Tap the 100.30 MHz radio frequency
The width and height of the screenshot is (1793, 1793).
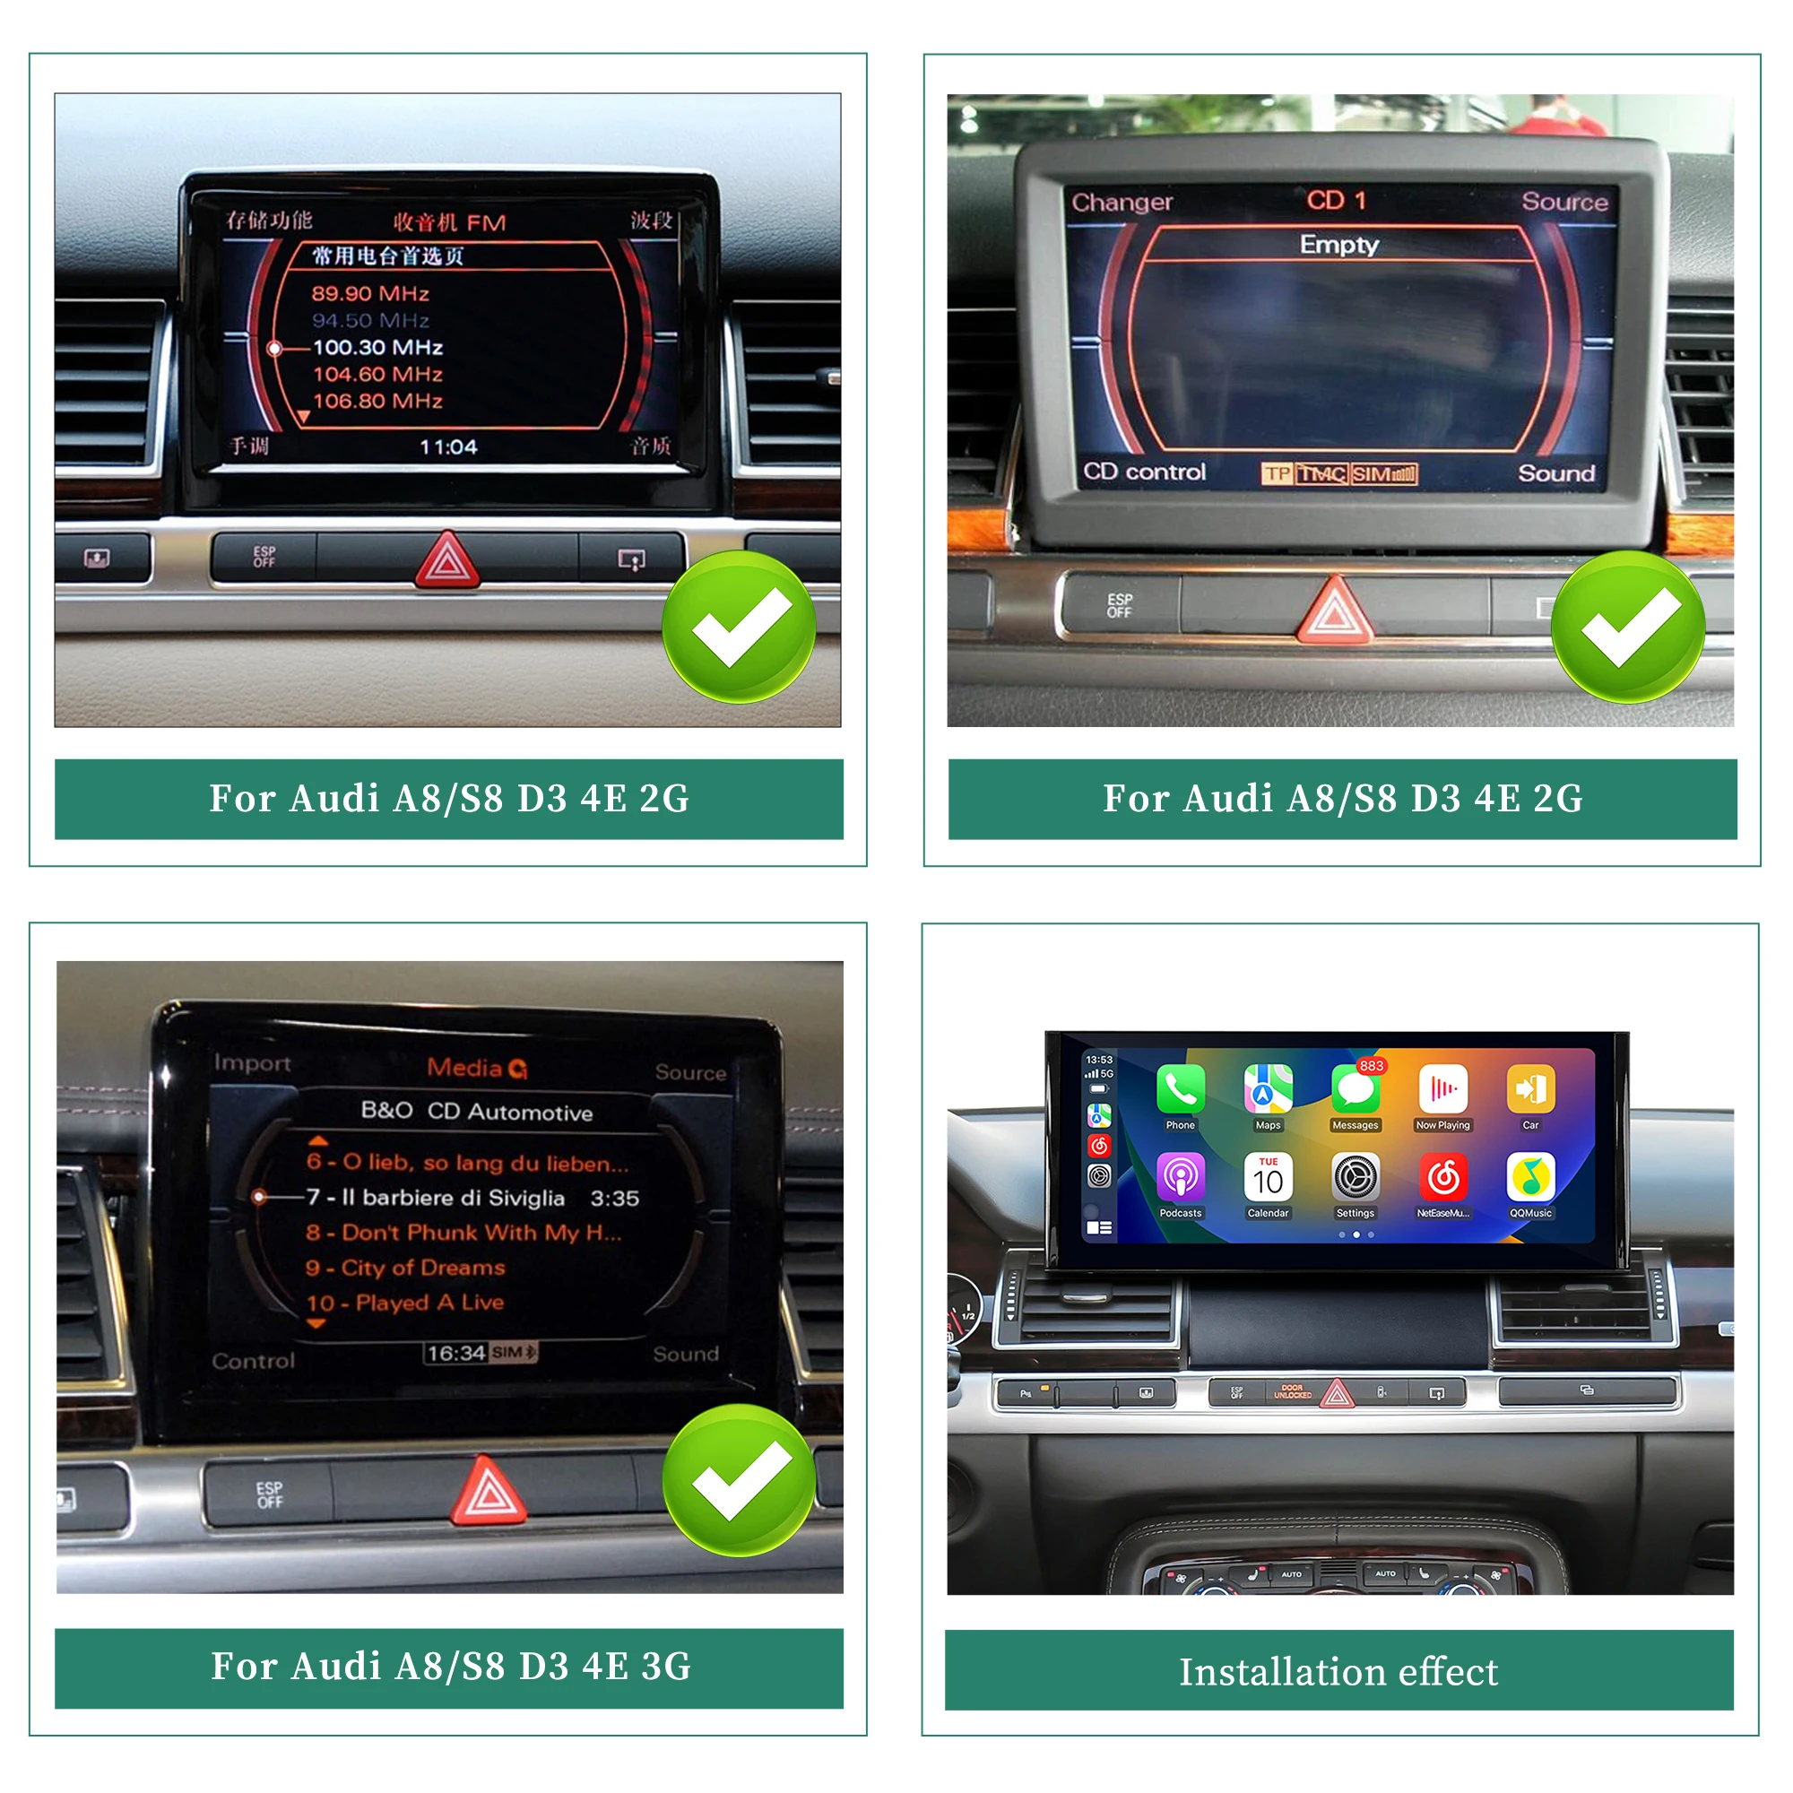click(x=377, y=347)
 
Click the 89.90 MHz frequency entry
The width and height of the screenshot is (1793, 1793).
click(x=370, y=294)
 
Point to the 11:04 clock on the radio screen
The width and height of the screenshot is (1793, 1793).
click(x=448, y=447)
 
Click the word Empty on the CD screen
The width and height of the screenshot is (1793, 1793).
click(x=1338, y=244)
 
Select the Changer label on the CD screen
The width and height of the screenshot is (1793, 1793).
click(x=1122, y=203)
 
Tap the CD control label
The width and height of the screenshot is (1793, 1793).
click(x=1143, y=472)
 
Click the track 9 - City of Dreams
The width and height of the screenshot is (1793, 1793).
click(x=405, y=1268)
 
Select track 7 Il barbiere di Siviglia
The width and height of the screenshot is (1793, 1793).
click(x=436, y=1197)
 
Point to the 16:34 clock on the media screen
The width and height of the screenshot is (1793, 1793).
click(x=455, y=1353)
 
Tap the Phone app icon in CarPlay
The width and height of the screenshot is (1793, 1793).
click(x=1181, y=1088)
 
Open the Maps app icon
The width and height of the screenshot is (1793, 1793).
click(x=1268, y=1088)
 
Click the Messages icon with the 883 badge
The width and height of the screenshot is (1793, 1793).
click(x=1355, y=1088)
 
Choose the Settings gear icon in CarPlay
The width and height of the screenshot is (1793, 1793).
click(x=1355, y=1177)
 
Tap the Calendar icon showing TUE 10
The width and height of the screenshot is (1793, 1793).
click(x=1268, y=1177)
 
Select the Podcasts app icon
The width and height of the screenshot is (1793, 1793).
click(x=1181, y=1177)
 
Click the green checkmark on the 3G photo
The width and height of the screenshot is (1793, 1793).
click(x=739, y=1480)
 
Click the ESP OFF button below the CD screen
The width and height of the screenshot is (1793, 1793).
click(x=1119, y=605)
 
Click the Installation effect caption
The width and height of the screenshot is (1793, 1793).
click(x=1338, y=1671)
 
